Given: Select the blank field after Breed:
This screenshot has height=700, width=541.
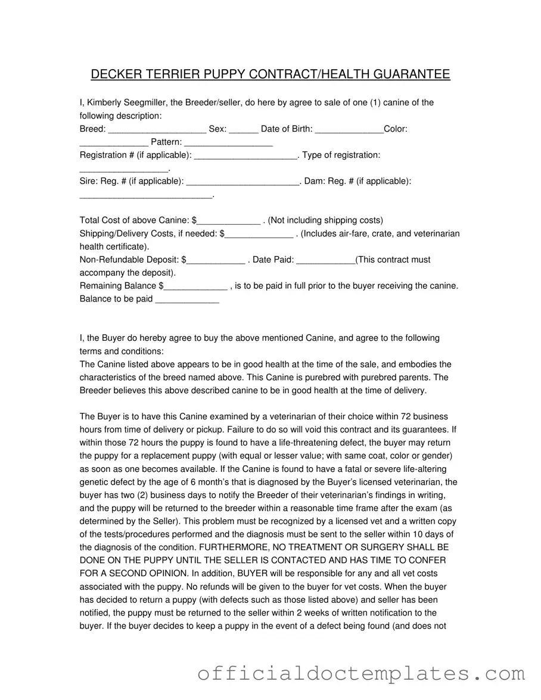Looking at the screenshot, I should pos(157,129).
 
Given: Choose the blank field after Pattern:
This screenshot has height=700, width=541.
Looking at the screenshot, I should pos(229,142).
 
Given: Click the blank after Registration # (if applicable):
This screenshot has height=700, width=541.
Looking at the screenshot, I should pos(245,155).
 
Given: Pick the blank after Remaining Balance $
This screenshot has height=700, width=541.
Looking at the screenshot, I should pos(195,287).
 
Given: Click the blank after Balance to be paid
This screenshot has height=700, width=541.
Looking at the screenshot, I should pos(187,300).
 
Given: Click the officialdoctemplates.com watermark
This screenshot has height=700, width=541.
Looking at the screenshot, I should pos(361,674).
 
